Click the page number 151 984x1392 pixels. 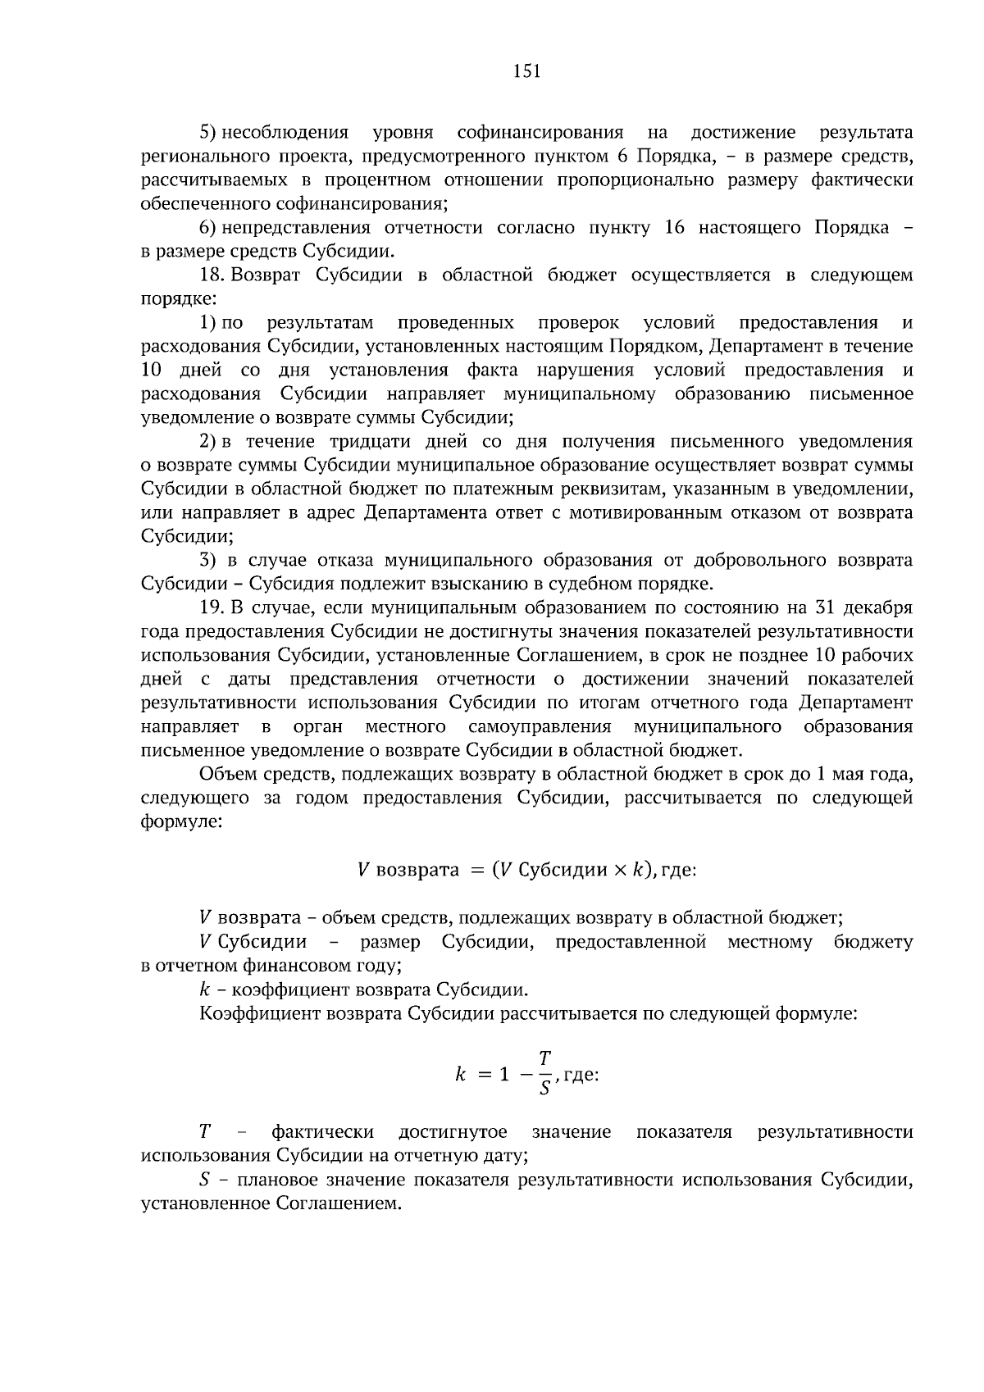tap(526, 71)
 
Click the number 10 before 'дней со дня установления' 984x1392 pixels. tap(154, 371)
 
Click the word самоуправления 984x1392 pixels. tap(540, 726)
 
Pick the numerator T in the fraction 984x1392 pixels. tap(544, 1058)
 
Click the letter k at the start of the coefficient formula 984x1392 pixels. tap(460, 1074)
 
